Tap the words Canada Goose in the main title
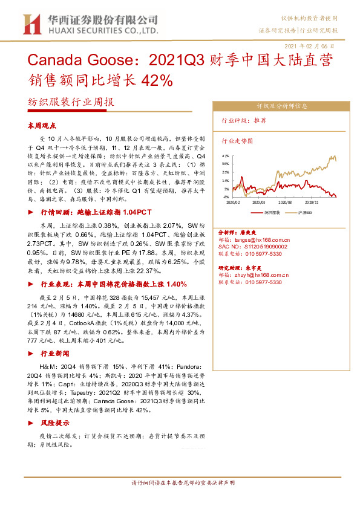point(66,62)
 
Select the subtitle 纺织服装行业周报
point(71,102)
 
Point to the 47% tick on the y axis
point(226,155)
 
